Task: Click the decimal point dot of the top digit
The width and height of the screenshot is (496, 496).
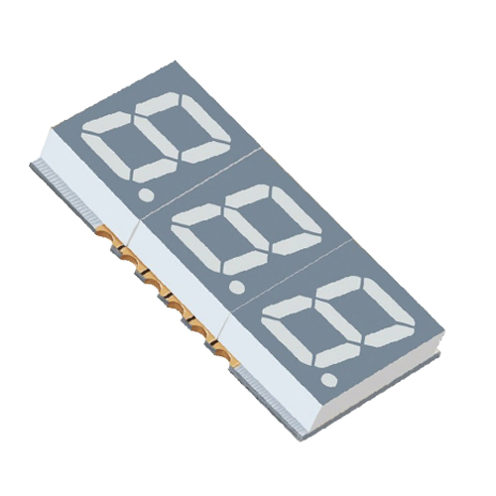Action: (x=147, y=195)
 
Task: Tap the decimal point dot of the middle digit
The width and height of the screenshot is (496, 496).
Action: (x=236, y=288)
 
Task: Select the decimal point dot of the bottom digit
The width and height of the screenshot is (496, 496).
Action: (x=327, y=379)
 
